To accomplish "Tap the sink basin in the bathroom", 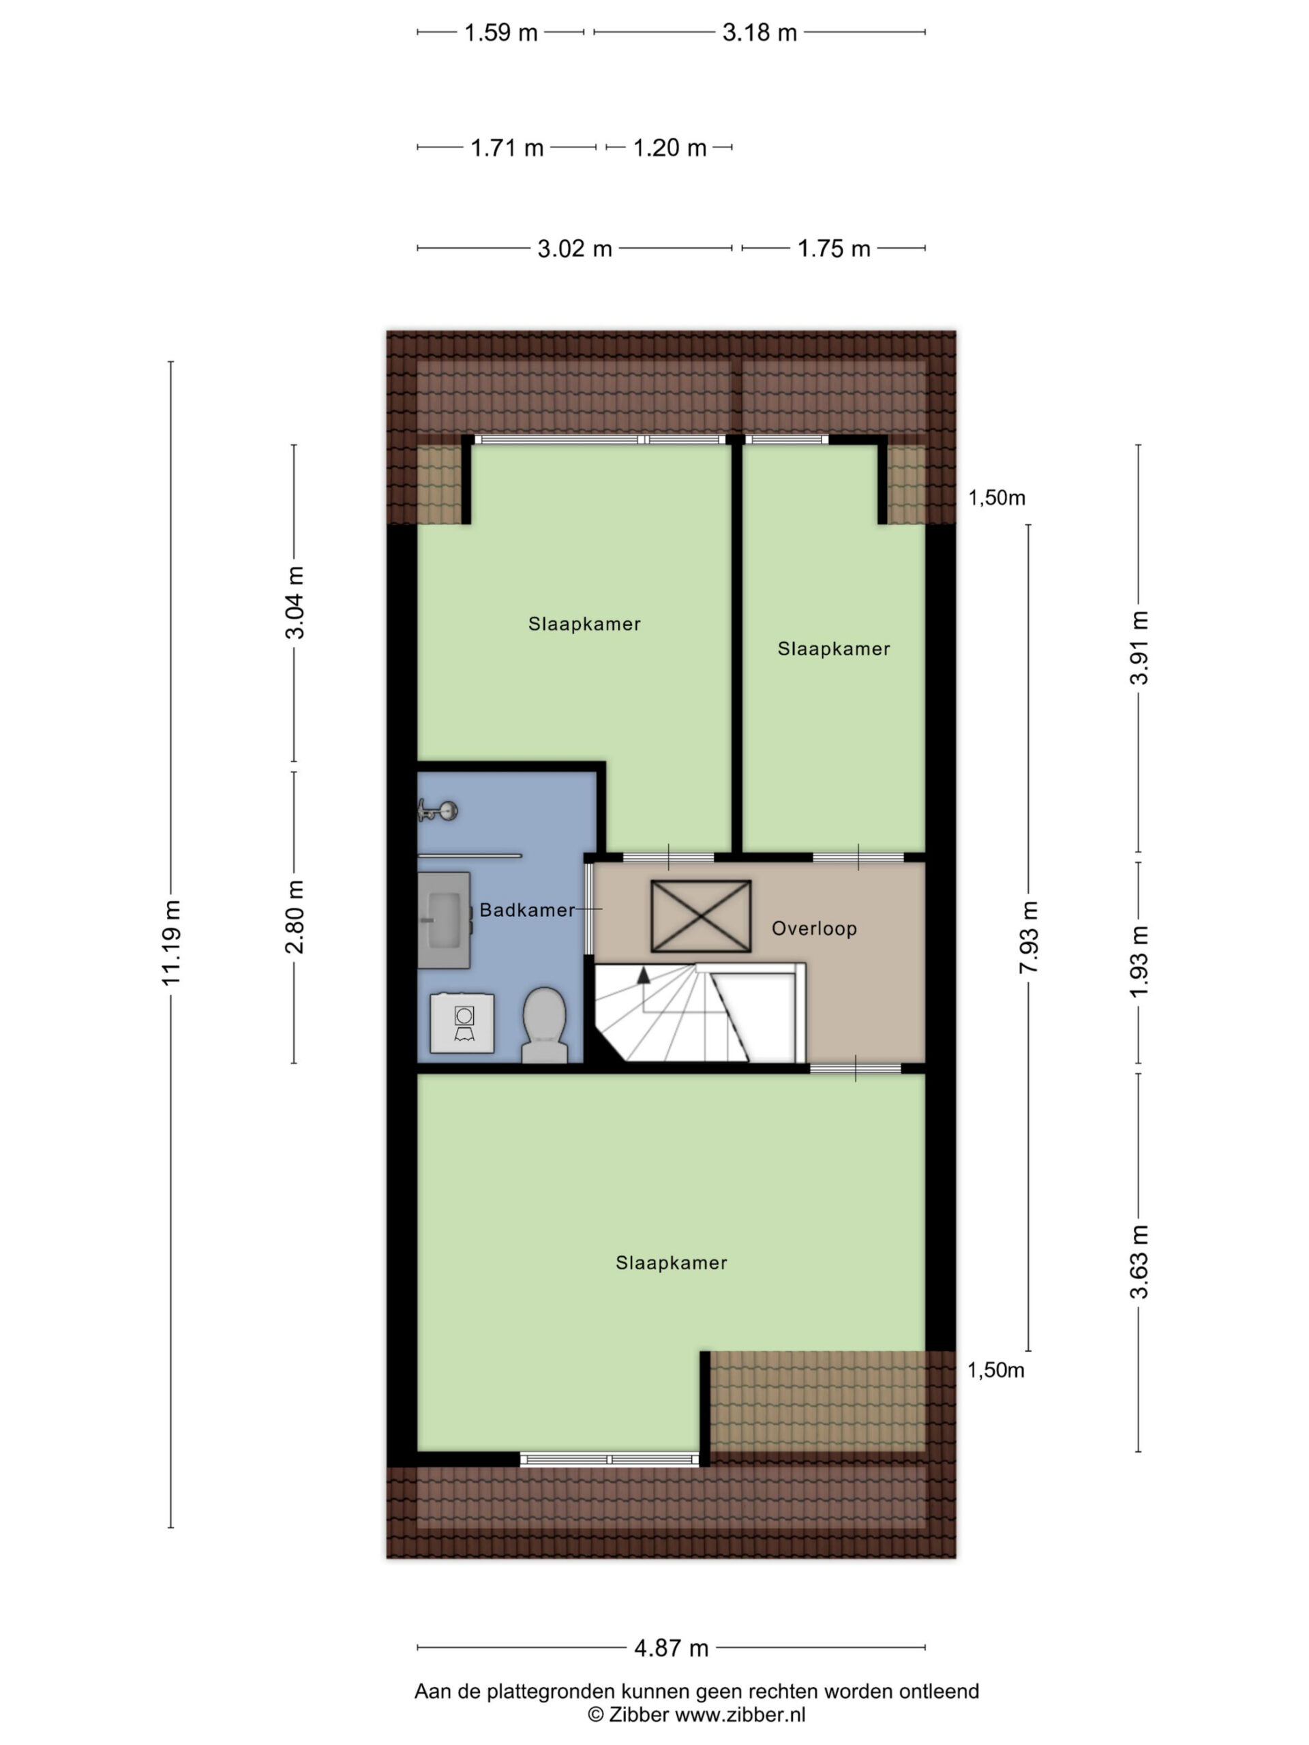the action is tap(445, 920).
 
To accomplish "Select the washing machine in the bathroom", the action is tap(462, 1022).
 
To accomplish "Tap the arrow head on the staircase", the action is tap(644, 975).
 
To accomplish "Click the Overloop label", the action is tap(813, 928).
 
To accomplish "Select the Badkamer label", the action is tap(527, 909).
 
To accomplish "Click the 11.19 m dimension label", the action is tap(171, 942).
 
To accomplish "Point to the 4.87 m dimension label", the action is tap(671, 1648).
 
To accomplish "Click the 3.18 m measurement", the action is tap(759, 32).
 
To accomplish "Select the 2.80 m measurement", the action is tap(295, 917).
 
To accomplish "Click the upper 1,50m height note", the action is tap(997, 498).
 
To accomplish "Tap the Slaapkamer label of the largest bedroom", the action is tap(671, 1262).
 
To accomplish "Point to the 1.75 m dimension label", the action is tap(833, 249).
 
